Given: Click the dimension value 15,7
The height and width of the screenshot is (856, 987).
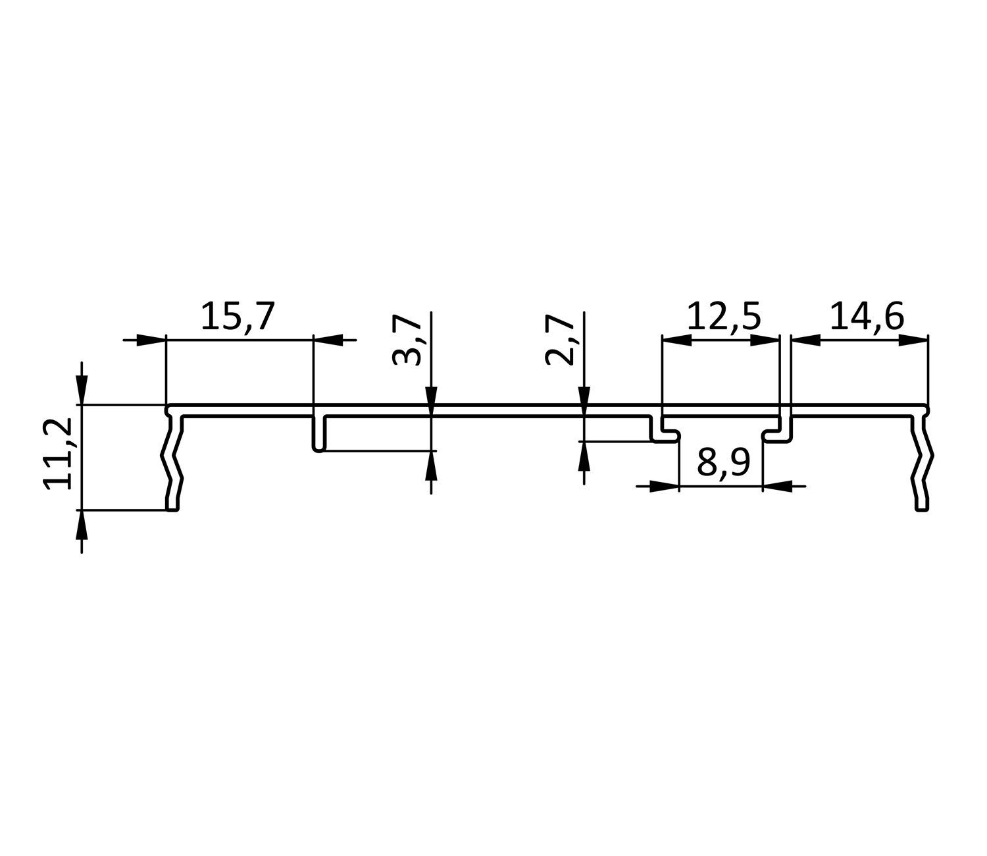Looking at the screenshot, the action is click(238, 316).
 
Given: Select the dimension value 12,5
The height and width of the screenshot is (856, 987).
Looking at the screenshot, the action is click(723, 316).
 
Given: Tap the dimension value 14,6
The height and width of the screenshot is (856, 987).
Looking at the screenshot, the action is click(867, 316).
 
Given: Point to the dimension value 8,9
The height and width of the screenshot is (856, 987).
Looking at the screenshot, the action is click(723, 462).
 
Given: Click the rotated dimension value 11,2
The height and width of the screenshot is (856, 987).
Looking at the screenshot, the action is click(58, 454).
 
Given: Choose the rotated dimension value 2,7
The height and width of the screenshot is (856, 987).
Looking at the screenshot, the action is click(559, 340).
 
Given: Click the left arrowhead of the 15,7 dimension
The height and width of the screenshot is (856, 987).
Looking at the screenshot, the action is click(151, 340).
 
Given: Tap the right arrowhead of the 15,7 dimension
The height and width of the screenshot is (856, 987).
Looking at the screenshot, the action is click(328, 340).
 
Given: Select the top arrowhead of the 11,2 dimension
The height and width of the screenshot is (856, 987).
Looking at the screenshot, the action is click(82, 390).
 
